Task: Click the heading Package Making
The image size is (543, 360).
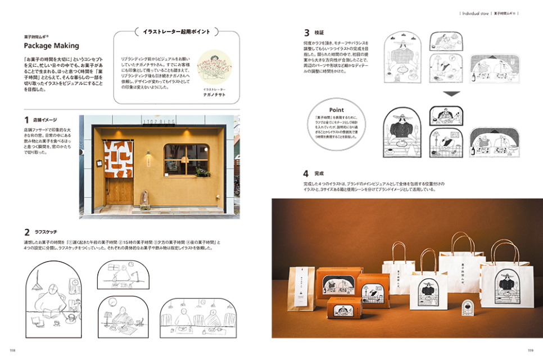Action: (51, 46)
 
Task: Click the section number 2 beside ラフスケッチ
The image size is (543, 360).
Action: (26, 232)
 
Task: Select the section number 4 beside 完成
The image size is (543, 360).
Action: (306, 173)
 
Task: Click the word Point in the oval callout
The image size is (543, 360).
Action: (337, 110)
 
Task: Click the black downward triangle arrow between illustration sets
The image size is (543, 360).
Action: (452, 94)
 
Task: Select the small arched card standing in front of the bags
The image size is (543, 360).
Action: (465, 308)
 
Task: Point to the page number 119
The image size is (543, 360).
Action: (531, 349)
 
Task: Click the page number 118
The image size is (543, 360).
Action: (12, 349)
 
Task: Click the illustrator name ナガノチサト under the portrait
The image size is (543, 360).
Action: (214, 95)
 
